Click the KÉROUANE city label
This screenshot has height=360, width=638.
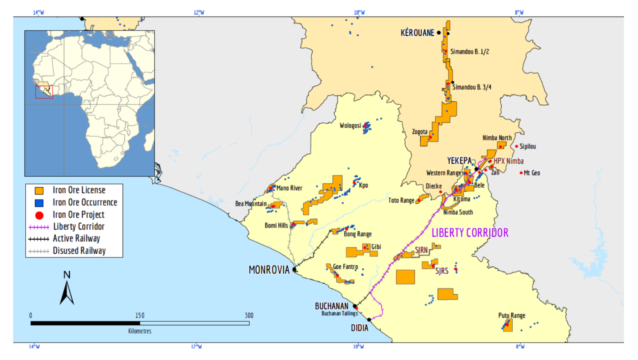tap(417, 33)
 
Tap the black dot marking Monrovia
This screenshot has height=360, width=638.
tap(294, 270)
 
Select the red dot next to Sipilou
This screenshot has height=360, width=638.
tap(516, 146)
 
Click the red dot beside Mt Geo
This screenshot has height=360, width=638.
tap(521, 173)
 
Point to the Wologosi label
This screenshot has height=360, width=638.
tap(350, 126)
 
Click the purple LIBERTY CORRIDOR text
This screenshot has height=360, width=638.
tap(470, 233)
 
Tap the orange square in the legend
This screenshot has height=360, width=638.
tap(39, 191)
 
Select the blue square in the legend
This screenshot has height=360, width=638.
tap(39, 203)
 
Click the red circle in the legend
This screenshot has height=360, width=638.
tap(39, 215)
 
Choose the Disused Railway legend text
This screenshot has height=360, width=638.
tap(79, 251)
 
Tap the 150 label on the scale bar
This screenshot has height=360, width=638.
tap(140, 315)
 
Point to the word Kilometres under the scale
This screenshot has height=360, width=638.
tap(140, 331)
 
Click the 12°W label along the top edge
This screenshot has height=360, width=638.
tap(199, 12)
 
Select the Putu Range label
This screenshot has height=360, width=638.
tap(511, 315)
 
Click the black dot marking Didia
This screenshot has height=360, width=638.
tap(369, 320)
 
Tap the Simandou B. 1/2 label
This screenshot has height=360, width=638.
tap(469, 52)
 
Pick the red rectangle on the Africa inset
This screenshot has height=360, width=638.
tap(44, 92)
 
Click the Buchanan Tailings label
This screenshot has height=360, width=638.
tap(339, 313)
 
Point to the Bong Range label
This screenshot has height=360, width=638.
tap(358, 234)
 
